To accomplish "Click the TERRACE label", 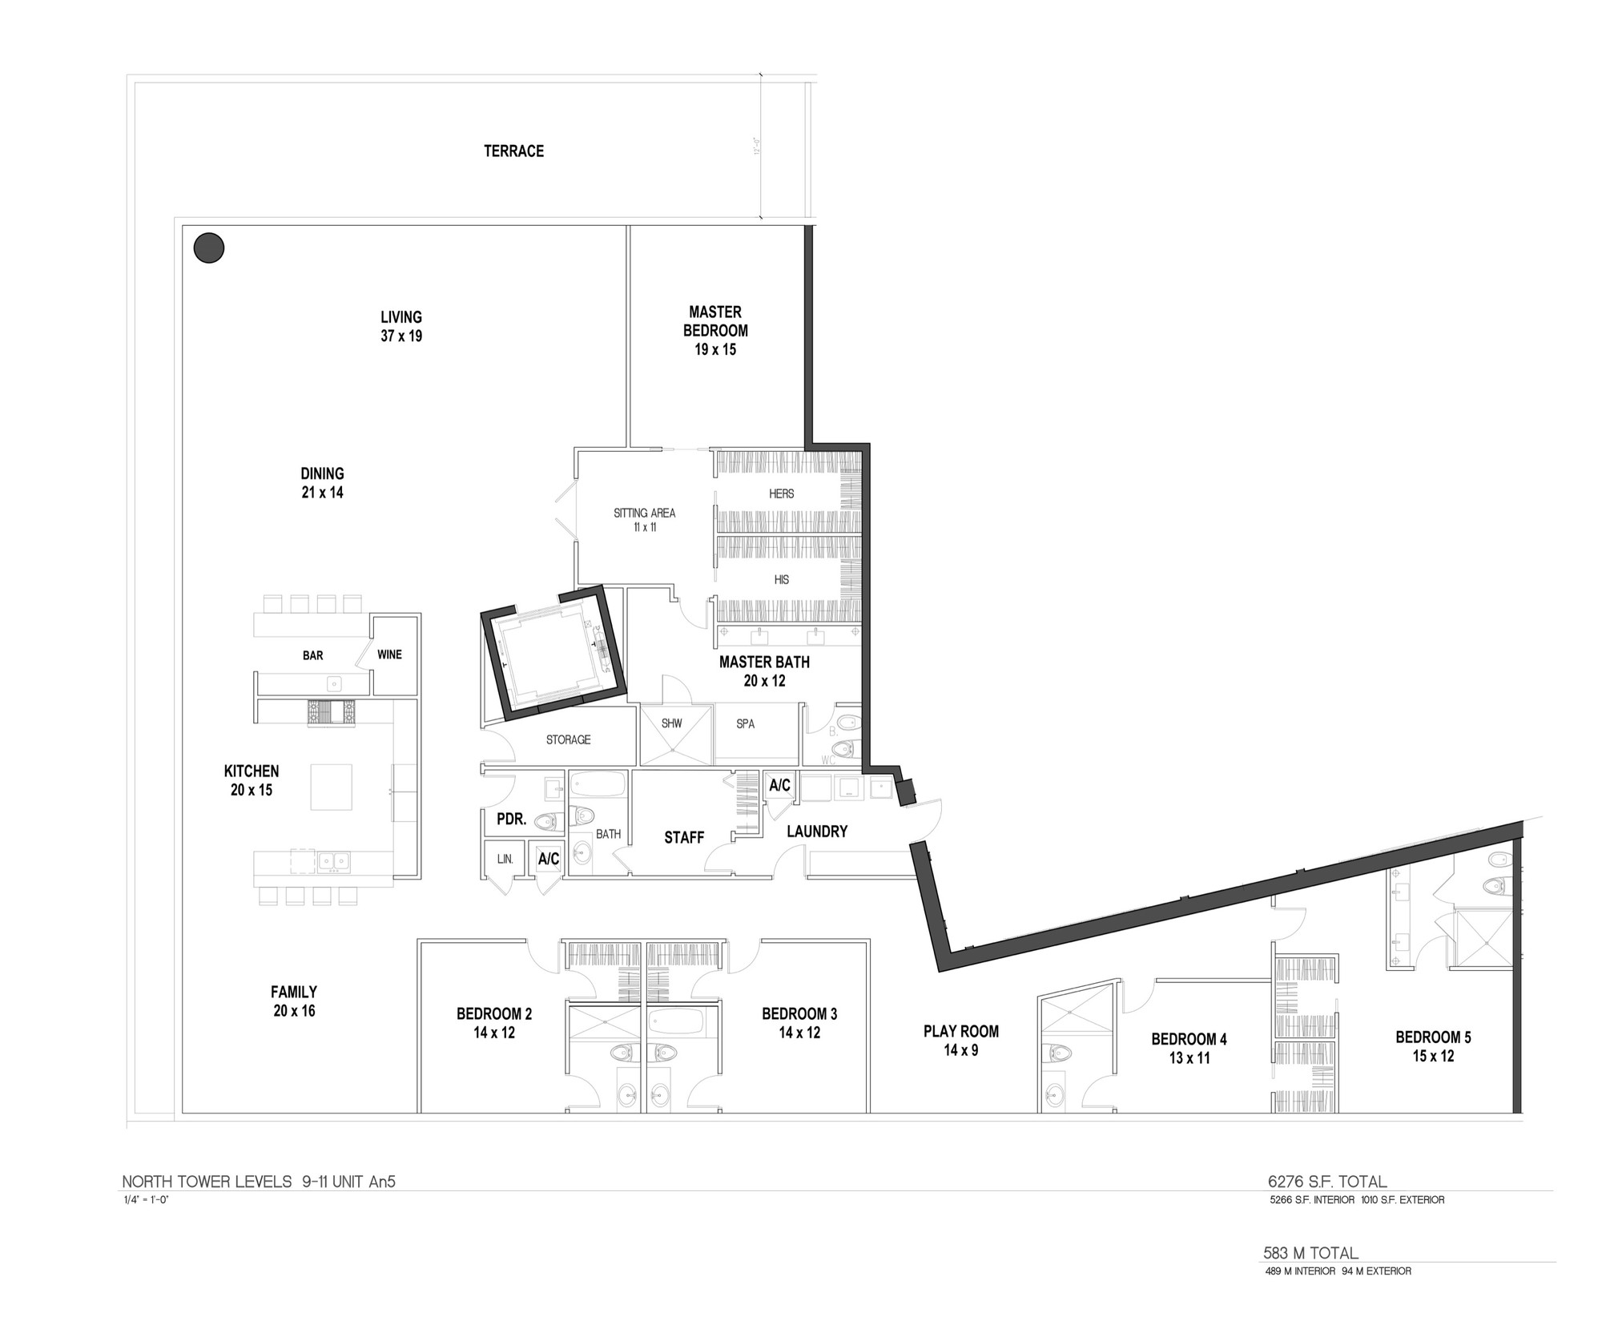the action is click(513, 151).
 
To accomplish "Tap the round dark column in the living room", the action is click(209, 248).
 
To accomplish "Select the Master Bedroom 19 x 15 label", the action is click(715, 330).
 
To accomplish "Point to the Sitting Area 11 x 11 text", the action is click(644, 520).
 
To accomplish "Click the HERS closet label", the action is click(781, 493).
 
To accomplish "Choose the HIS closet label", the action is click(781, 579).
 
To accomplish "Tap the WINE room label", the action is click(389, 654).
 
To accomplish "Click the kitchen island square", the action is click(331, 787).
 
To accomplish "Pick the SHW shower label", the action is click(671, 723).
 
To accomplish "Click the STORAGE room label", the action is click(568, 739).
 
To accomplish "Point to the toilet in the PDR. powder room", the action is click(545, 820).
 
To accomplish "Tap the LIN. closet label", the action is click(505, 859).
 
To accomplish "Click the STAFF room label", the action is click(684, 837).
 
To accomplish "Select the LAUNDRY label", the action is click(817, 832).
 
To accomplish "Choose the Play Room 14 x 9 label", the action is click(961, 1041).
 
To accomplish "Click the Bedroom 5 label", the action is click(1433, 1046).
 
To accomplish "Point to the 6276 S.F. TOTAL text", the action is click(1327, 1182).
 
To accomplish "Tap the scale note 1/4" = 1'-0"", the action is click(145, 1200).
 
